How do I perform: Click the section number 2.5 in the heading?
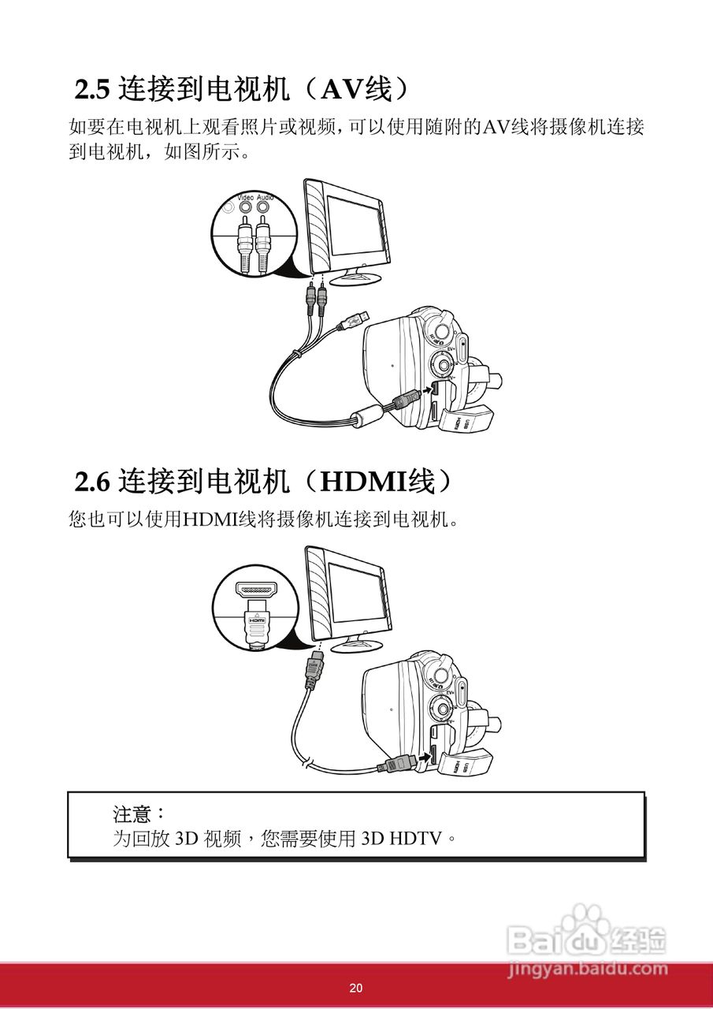point(92,90)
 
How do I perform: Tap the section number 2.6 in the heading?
point(92,481)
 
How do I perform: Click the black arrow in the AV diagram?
point(427,390)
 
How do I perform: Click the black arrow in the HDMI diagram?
point(426,758)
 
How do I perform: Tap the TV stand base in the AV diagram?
point(356,278)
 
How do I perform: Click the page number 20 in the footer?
point(356,989)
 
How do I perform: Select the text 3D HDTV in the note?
point(402,838)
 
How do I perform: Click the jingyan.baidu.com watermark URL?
point(587,967)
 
